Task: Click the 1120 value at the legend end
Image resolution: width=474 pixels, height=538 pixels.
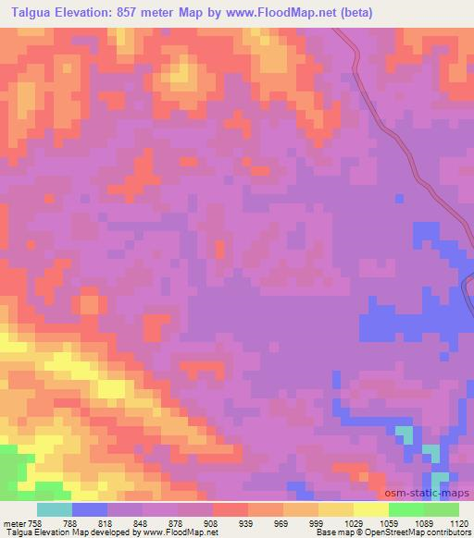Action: click(460, 522)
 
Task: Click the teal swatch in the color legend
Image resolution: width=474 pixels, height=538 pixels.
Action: click(54, 509)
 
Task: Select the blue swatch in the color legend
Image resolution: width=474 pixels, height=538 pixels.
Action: click(89, 509)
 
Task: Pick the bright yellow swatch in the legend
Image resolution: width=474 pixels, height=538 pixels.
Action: click(370, 509)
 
